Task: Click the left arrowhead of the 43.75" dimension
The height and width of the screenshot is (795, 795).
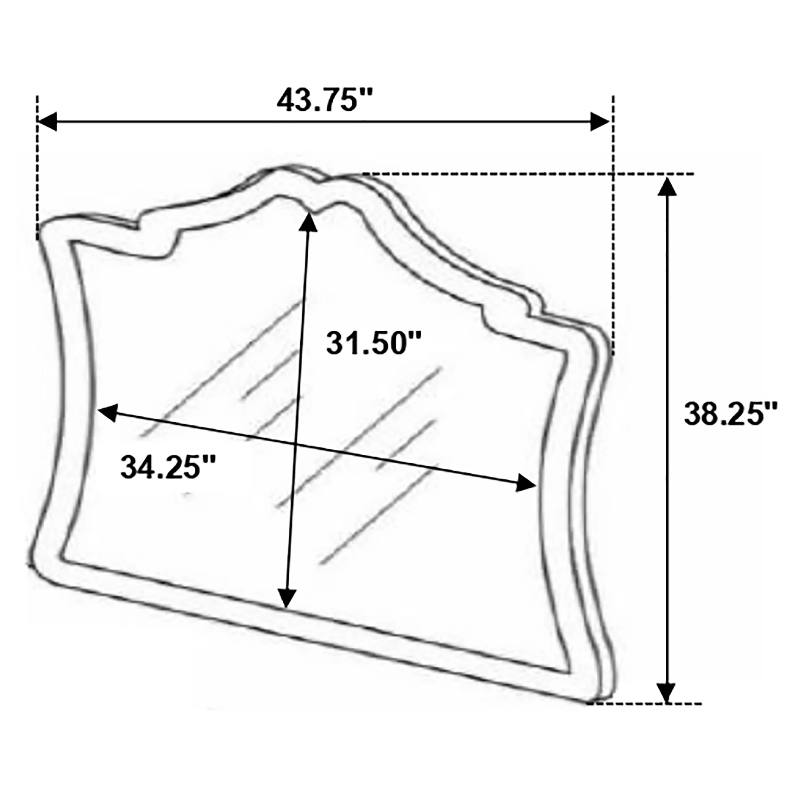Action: point(47,122)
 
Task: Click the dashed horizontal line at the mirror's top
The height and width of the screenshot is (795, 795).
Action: point(527,174)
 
